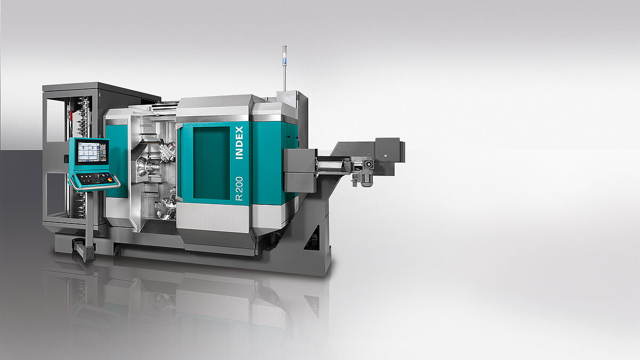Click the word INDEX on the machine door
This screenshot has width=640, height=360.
coord(239,142)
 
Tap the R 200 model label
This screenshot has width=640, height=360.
coord(239,189)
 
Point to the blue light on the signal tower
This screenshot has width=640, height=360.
coord(284,61)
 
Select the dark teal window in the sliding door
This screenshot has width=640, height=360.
coord(211,163)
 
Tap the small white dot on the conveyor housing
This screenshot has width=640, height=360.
coord(386,156)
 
